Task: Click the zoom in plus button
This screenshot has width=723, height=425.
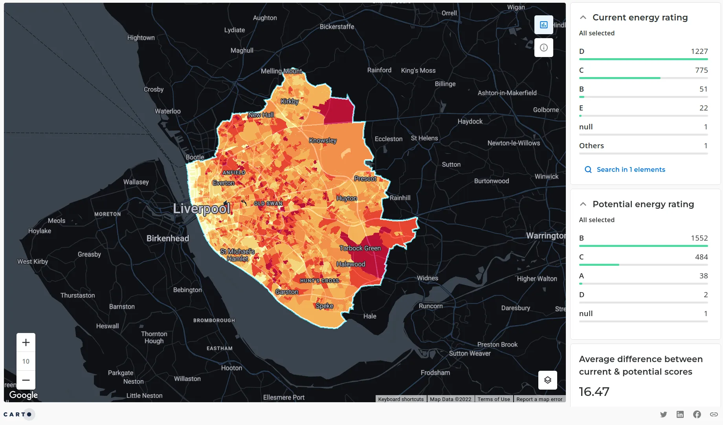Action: pyautogui.click(x=26, y=342)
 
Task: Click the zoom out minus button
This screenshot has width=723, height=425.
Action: pyautogui.click(x=26, y=380)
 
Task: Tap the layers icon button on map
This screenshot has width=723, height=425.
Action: pyautogui.click(x=547, y=380)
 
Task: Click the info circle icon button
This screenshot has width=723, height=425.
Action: pyautogui.click(x=543, y=48)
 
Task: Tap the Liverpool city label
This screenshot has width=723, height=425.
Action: pyautogui.click(x=202, y=208)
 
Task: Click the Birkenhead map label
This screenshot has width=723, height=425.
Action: pyautogui.click(x=168, y=238)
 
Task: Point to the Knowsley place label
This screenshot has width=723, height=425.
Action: pyautogui.click(x=323, y=140)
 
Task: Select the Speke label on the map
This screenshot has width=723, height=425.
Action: pyautogui.click(x=325, y=306)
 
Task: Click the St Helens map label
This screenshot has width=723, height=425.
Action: pyautogui.click(x=424, y=138)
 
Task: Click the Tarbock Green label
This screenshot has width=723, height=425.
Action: pyautogui.click(x=360, y=248)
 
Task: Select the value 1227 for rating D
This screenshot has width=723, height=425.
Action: pyautogui.click(x=699, y=52)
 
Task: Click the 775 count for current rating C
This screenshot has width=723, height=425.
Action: pyautogui.click(x=701, y=70)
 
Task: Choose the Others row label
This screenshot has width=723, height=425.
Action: pyautogui.click(x=591, y=146)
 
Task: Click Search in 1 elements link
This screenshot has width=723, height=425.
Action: pyautogui.click(x=630, y=169)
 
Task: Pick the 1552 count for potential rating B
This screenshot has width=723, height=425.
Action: pyautogui.click(x=699, y=238)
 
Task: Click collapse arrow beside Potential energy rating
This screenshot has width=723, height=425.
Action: pyautogui.click(x=583, y=204)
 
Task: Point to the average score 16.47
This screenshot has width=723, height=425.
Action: pyautogui.click(x=594, y=392)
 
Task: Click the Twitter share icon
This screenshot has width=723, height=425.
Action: pyautogui.click(x=663, y=414)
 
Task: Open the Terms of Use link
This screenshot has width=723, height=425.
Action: pyautogui.click(x=494, y=399)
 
